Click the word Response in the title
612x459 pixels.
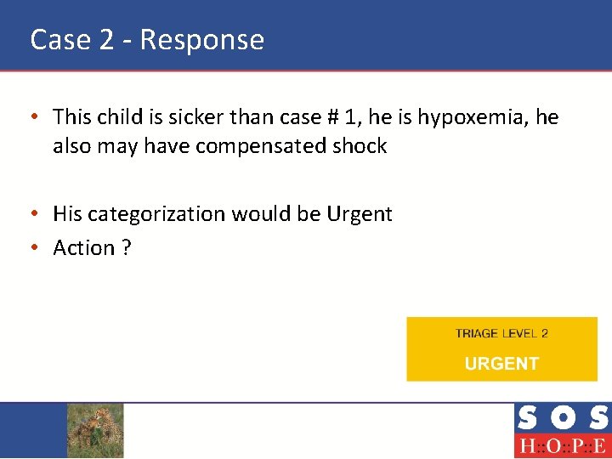click(202, 40)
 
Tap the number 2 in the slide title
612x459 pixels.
click(107, 40)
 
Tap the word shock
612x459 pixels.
click(360, 146)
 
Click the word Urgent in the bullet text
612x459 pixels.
click(360, 213)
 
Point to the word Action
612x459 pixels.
click(83, 247)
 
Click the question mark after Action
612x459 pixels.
click(126, 247)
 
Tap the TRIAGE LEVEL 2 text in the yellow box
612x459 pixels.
click(501, 333)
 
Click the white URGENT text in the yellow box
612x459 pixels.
click(501, 364)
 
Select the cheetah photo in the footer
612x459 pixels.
click(95, 430)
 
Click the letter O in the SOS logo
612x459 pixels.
click(562, 418)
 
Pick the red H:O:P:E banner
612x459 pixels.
click(562, 446)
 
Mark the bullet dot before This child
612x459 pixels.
click(37, 117)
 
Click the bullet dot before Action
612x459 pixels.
click(37, 248)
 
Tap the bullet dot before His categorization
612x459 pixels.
click(37, 214)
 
